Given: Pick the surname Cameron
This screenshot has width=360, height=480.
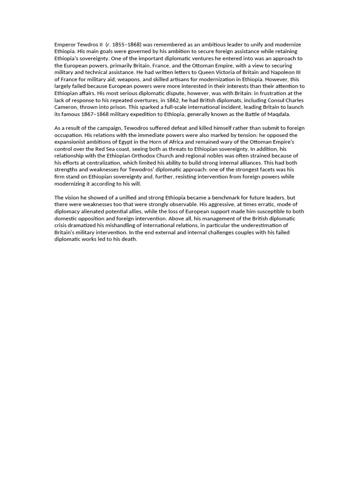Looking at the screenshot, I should click(67, 107).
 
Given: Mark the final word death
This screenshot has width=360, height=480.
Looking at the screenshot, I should click(129, 240).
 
